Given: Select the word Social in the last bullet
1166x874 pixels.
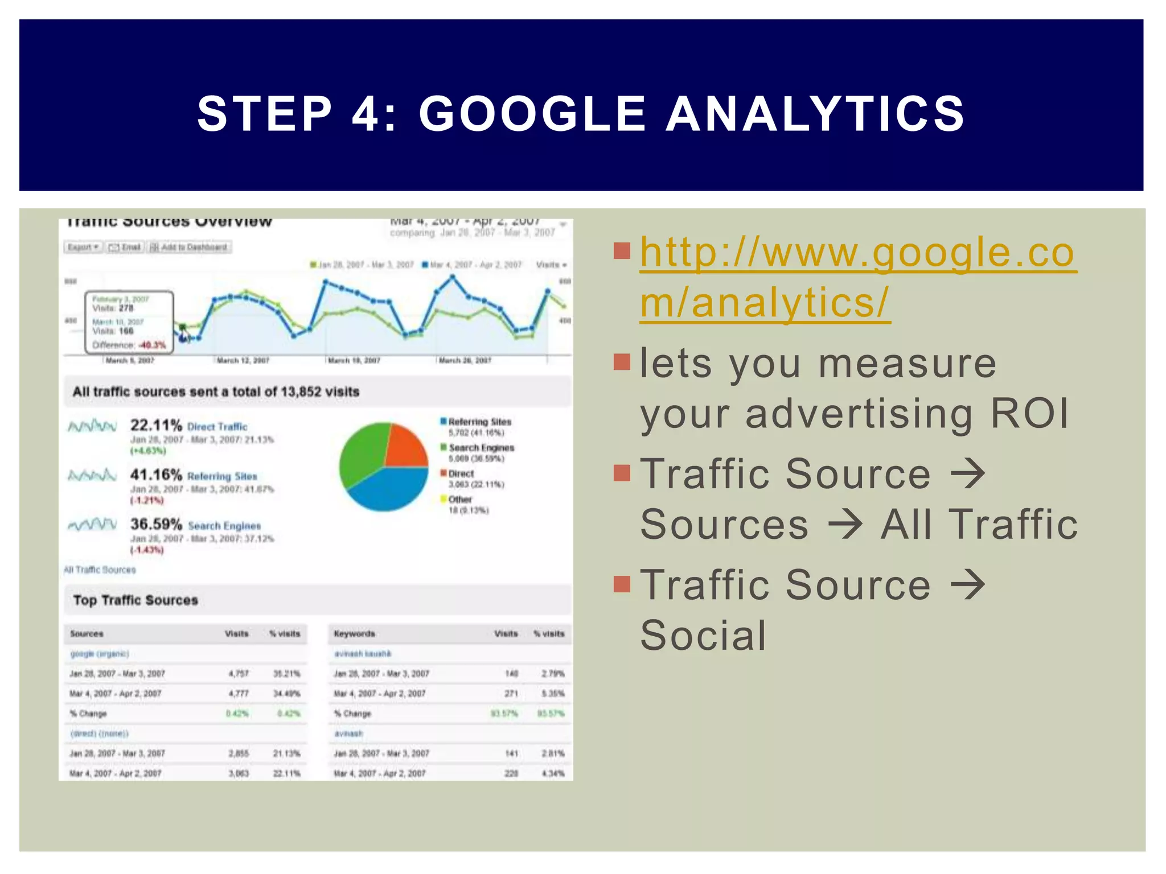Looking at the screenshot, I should pos(703,636).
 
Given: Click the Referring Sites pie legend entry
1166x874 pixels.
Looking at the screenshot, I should pos(479,422).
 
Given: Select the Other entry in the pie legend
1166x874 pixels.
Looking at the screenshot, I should pos(459,500).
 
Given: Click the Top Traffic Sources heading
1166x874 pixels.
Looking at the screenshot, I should pos(136,600).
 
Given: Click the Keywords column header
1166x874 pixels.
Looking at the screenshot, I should pos(354,633).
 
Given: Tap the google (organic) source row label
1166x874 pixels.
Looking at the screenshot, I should pos(100,654).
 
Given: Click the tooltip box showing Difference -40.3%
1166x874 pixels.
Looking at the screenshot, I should pos(129,322).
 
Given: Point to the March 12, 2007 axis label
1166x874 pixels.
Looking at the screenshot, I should pos(243,360).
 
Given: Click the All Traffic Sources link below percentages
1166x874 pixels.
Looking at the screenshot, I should pos(100,570).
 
